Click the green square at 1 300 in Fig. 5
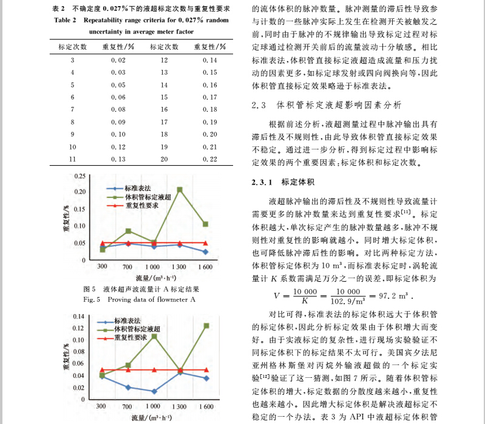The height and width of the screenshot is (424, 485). coord(180,190)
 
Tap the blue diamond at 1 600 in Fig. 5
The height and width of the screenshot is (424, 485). coord(206,251)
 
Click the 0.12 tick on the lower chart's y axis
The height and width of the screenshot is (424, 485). coord(80,329)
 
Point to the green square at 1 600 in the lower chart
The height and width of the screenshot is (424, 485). coord(206,326)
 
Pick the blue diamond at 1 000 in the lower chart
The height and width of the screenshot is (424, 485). coord(154,391)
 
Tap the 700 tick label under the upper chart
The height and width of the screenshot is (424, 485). coord(127,267)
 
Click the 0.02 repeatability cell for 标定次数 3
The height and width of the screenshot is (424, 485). coord(118,60)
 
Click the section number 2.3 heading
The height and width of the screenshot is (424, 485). coord(259,104)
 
